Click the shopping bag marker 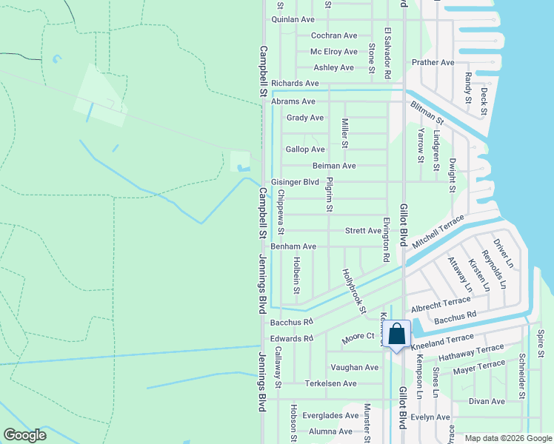click(x=397, y=334)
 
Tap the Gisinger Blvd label click(x=295, y=182)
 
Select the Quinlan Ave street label click(x=294, y=19)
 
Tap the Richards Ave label click(x=295, y=84)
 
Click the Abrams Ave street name click(x=293, y=101)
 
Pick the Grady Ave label click(x=305, y=118)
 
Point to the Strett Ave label click(x=364, y=231)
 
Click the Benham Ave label click(x=293, y=246)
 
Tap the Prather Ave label click(x=433, y=63)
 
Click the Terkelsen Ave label click(x=331, y=383)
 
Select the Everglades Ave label click(x=331, y=416)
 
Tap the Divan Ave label click(x=487, y=401)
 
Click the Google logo click(x=24, y=435)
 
